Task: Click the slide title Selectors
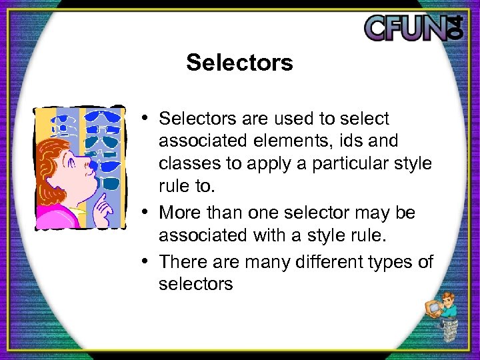239,63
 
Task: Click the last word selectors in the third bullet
195,285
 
